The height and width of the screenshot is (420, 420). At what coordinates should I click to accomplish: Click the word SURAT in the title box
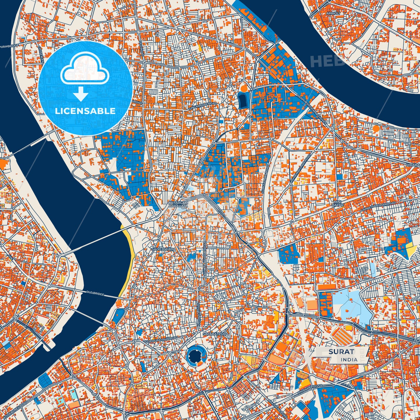pyautogui.click(x=342, y=351)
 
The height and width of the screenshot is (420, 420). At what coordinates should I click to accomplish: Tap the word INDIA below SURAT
pyautogui.click(x=349, y=360)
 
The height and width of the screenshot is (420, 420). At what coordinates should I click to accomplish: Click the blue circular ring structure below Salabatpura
pyautogui.click(x=196, y=355)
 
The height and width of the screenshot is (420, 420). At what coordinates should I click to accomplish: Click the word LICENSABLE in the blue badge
pyautogui.click(x=85, y=111)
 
